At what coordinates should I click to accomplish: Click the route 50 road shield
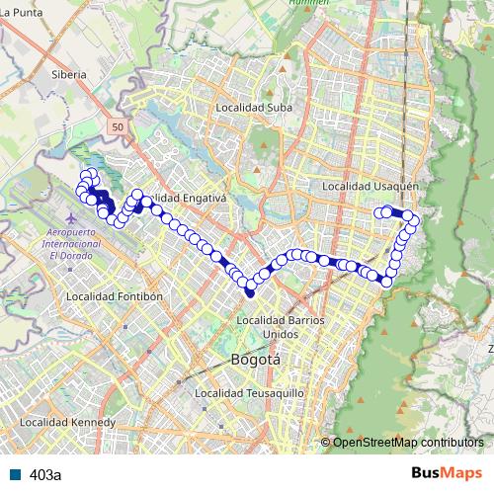point(119,127)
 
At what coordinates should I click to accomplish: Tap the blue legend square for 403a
point(16,474)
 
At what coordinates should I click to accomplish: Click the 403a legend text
point(45,474)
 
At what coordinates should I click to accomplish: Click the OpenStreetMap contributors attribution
point(407,442)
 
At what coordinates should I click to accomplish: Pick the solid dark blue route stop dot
point(249,291)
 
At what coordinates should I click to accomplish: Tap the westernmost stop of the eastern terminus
point(377,211)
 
